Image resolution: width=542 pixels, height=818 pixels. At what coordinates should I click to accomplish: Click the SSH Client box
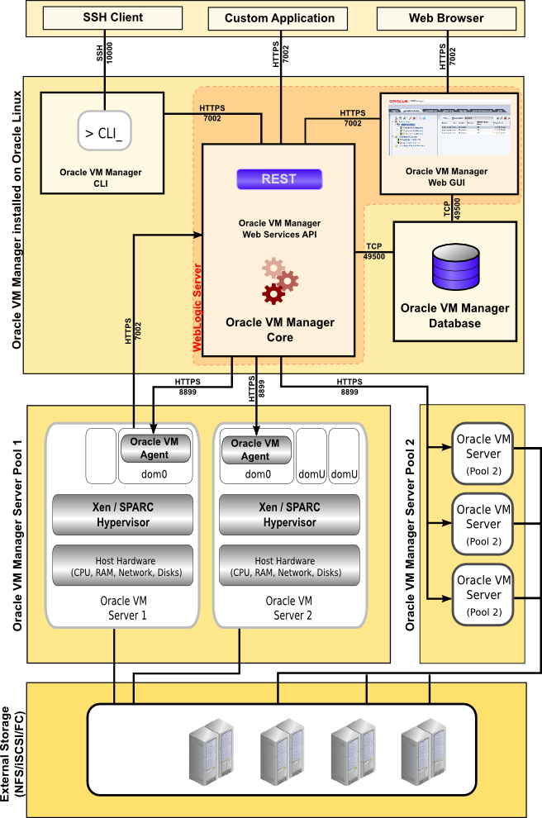click(x=112, y=17)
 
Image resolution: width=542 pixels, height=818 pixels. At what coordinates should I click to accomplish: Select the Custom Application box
click(x=279, y=18)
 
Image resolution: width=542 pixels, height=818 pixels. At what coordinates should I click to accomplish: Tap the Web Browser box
click(x=446, y=18)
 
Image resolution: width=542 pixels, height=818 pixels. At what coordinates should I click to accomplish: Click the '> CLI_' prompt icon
click(x=104, y=131)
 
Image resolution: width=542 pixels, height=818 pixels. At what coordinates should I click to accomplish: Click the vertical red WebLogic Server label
click(x=197, y=307)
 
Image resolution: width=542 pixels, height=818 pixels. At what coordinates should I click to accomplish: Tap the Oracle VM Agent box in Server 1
click(x=155, y=448)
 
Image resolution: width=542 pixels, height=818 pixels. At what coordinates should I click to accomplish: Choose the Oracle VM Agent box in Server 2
click(x=255, y=449)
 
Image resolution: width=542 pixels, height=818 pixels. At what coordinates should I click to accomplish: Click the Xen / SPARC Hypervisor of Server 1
click(x=122, y=514)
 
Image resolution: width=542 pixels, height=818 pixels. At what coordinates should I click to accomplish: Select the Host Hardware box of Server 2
click(x=288, y=566)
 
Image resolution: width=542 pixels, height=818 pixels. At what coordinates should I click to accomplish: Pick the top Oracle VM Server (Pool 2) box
click(x=483, y=453)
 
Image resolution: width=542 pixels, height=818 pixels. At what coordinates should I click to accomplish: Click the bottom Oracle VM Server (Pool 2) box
click(x=483, y=594)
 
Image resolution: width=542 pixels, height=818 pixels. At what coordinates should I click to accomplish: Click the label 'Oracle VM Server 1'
click(x=124, y=608)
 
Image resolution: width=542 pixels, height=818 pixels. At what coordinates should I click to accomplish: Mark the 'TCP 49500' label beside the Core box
click(x=374, y=251)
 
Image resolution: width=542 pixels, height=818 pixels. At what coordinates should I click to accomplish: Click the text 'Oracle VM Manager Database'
click(x=454, y=316)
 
